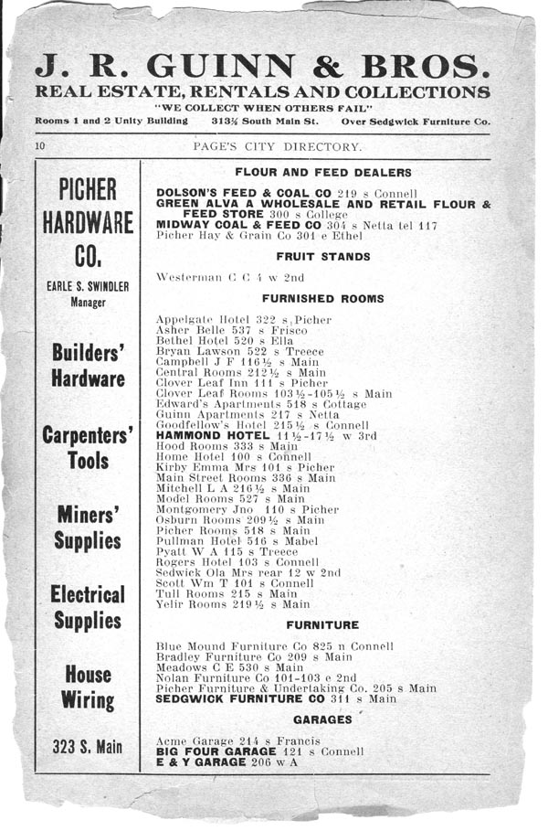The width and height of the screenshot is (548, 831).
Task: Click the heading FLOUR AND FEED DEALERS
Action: point(322,172)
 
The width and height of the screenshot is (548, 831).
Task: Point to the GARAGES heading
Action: point(322,719)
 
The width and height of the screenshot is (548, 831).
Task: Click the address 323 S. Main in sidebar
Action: point(86,748)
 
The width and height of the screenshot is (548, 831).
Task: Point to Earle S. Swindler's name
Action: point(88,286)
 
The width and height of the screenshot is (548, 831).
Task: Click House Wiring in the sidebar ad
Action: point(88,687)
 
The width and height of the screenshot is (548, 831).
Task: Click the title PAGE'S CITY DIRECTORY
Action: point(277,147)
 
